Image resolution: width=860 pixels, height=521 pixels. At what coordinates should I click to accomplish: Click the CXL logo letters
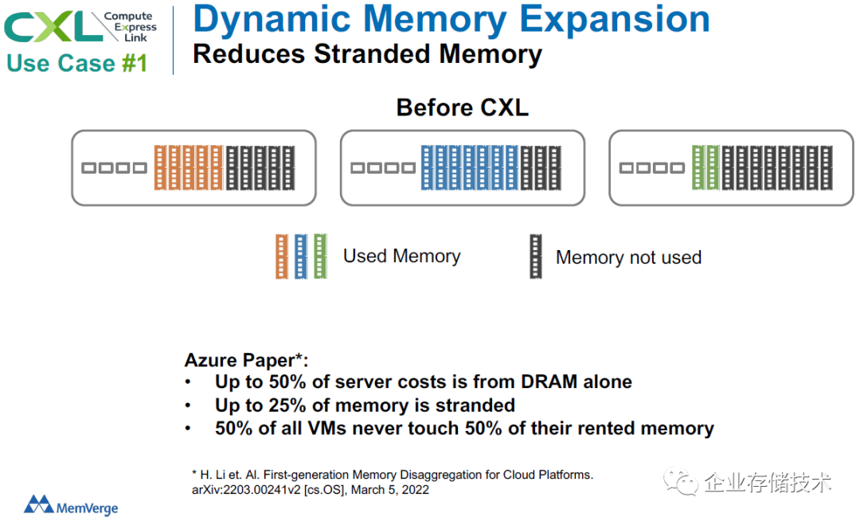tap(53, 26)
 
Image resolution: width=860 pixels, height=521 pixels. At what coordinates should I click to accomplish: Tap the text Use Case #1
tap(76, 63)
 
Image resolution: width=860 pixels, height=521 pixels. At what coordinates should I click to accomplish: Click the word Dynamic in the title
tap(272, 19)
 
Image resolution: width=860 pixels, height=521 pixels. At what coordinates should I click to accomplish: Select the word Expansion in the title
tap(614, 19)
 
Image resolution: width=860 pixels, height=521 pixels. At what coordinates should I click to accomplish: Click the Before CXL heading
tap(463, 107)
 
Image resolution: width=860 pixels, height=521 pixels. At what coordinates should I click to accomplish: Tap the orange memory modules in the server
tap(189, 168)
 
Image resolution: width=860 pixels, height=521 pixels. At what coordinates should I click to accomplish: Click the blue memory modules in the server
tap(470, 168)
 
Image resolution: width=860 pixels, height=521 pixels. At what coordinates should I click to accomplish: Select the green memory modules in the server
tap(706, 168)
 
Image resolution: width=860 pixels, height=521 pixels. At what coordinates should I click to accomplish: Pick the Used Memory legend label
tap(402, 256)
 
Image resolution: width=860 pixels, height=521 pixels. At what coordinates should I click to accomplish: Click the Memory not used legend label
tap(628, 257)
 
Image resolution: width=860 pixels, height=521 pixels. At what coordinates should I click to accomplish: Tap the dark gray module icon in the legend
tap(536, 256)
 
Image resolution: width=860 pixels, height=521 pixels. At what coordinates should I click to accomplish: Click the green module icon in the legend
tap(320, 256)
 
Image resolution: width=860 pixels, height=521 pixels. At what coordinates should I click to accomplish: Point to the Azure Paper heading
tap(246, 360)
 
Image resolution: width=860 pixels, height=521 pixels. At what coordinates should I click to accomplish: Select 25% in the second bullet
tap(287, 405)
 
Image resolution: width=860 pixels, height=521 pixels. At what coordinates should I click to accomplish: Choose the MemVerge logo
tap(71, 505)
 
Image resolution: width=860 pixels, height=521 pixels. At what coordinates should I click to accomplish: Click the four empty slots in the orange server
tap(114, 168)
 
